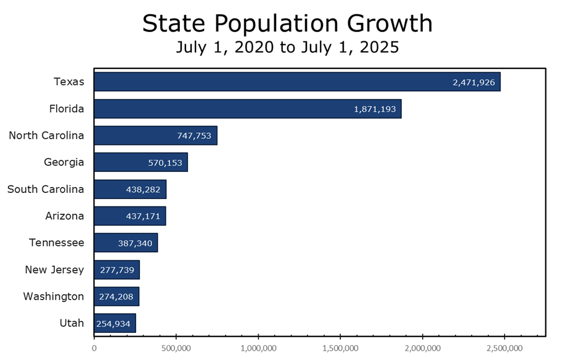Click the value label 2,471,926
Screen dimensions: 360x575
click(473, 82)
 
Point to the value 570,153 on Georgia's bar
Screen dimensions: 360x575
click(165, 163)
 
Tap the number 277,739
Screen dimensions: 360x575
click(116, 269)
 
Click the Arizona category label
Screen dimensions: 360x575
click(65, 216)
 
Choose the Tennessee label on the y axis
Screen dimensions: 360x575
click(57, 242)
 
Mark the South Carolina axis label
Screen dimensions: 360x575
click(46, 189)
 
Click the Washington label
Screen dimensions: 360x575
click(54, 296)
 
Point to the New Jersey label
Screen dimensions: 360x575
click(54, 269)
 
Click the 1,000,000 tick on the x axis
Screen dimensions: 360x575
click(258, 348)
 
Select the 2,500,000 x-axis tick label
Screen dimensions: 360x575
click(504, 348)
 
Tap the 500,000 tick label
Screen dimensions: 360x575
click(176, 348)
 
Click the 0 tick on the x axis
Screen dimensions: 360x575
click(94, 348)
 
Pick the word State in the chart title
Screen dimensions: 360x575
click(169, 23)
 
